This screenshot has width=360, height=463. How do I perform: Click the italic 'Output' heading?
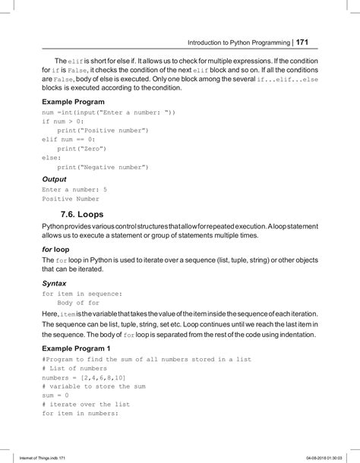coord(55,179)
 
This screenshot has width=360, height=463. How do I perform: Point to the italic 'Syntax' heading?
coord(55,282)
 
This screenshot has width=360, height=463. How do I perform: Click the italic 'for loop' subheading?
coord(56,248)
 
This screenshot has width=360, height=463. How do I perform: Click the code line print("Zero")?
coord(82,148)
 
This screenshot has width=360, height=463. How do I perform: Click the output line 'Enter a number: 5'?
coord(74,189)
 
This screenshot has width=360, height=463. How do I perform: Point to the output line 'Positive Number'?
coord(71,199)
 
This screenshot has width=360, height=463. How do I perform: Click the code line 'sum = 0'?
coord(55,395)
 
